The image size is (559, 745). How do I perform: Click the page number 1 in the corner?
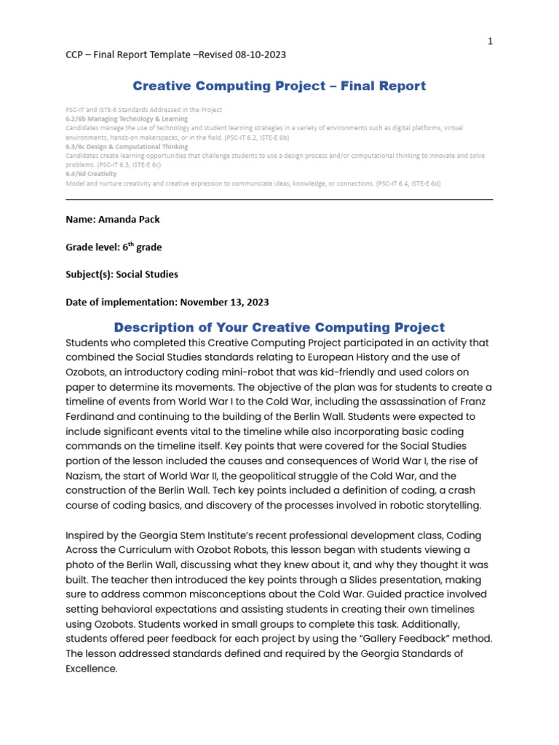(491, 41)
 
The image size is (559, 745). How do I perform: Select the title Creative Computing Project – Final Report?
(279, 86)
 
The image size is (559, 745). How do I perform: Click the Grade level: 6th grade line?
(114, 247)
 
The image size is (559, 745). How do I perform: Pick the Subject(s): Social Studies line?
(122, 274)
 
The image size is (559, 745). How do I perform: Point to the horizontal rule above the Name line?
(279, 199)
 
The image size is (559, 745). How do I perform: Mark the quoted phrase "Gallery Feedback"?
(410, 638)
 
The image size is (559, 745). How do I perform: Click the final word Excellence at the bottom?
(91, 668)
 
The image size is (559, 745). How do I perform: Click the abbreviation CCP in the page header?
(76, 55)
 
